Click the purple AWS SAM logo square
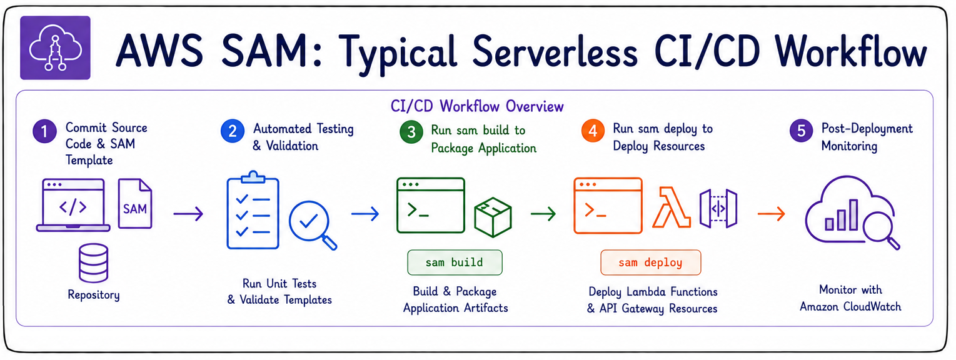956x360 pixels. click(x=55, y=47)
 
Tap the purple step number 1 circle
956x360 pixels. click(x=45, y=131)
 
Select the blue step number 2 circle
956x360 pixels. click(x=233, y=131)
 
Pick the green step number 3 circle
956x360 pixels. click(x=411, y=132)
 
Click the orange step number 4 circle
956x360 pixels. click(x=593, y=131)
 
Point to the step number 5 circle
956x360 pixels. click(x=802, y=131)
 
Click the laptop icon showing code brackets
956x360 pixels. click(x=73, y=205)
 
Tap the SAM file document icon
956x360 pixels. click(x=135, y=204)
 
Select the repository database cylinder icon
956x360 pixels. click(x=93, y=262)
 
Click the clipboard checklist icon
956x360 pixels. click(x=253, y=210)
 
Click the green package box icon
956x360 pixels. click(x=493, y=217)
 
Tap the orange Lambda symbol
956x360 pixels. click(x=672, y=207)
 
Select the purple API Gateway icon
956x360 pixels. click(x=718, y=208)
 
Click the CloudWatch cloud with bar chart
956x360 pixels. click(x=852, y=212)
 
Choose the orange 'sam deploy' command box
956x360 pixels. click(x=650, y=262)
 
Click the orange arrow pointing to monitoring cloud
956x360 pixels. click(x=771, y=213)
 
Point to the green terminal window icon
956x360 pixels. click(x=431, y=205)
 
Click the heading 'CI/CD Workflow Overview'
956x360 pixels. click(x=477, y=106)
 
